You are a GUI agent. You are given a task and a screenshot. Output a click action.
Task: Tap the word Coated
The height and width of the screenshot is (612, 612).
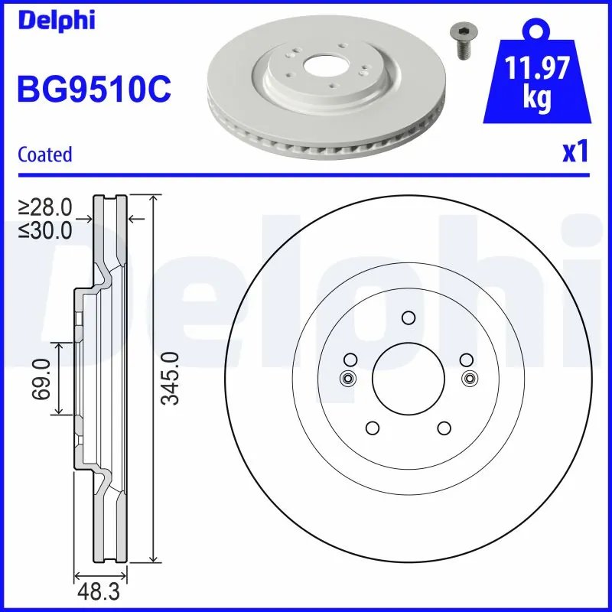44,155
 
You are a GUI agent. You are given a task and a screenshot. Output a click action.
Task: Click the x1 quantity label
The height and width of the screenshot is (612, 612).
575,153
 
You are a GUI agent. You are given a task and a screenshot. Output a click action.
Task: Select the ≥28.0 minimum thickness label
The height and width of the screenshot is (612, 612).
46,207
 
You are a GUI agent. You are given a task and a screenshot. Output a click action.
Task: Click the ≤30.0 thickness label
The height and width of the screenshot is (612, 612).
46,229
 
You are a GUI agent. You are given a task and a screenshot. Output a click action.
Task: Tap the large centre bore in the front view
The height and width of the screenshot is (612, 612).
409,377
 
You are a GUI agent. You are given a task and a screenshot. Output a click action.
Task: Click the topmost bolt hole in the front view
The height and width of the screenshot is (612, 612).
409,318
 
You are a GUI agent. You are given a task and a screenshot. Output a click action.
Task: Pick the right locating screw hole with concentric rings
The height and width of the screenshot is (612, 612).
470,378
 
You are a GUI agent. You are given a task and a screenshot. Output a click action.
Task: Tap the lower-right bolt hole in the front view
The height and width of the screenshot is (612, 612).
444,428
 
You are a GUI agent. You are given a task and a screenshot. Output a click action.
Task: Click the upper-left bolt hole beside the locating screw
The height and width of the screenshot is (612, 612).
350,360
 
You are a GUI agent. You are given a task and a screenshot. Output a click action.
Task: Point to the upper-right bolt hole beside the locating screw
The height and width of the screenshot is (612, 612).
465,360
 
